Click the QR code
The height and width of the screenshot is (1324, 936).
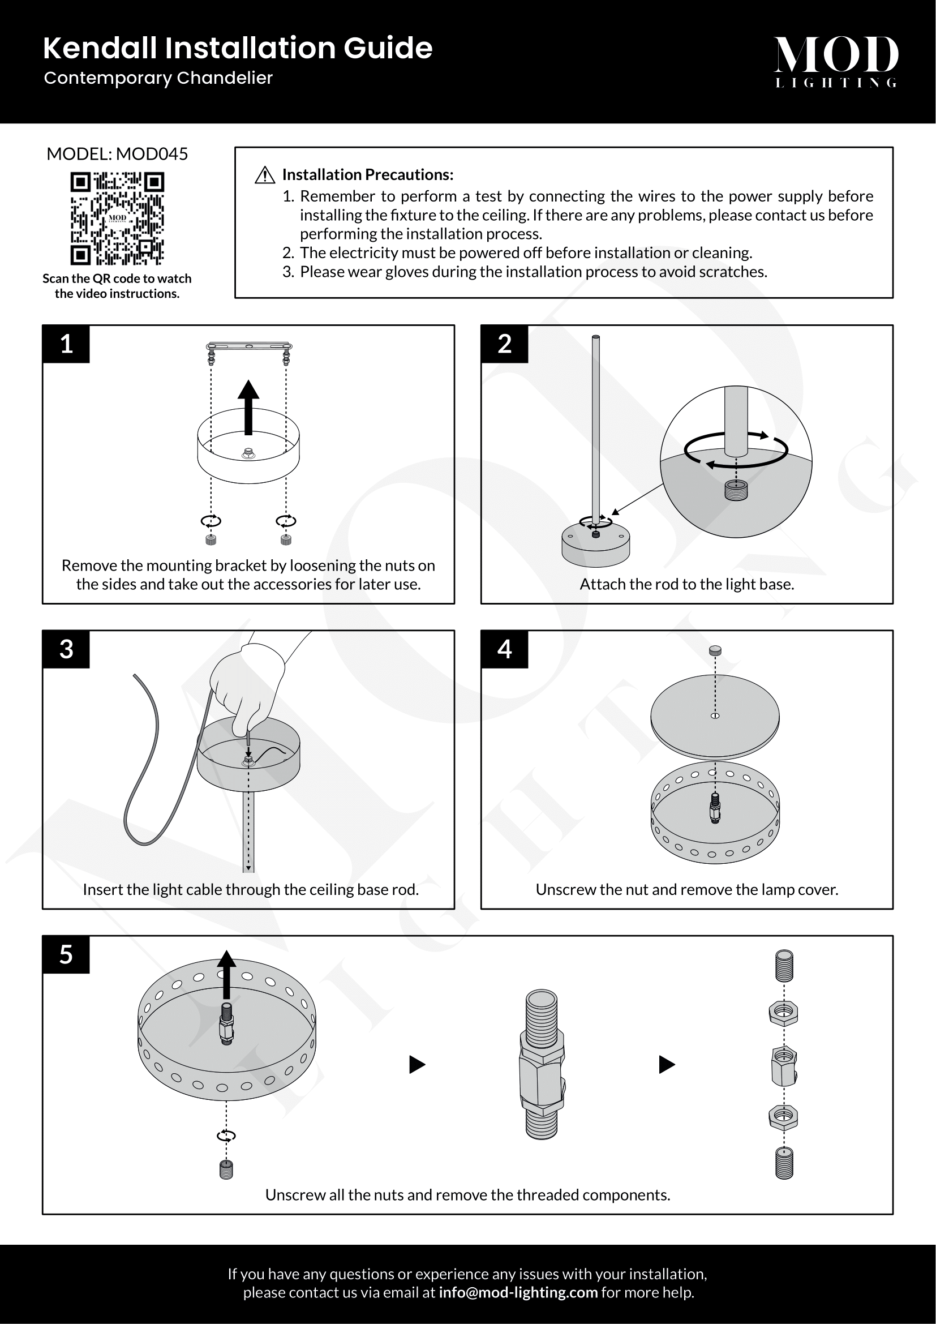click(117, 218)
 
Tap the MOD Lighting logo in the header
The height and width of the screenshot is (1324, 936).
click(836, 61)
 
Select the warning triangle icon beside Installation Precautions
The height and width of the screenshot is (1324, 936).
click(264, 175)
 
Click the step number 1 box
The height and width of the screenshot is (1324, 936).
click(66, 344)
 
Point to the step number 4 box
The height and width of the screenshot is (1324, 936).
click(504, 649)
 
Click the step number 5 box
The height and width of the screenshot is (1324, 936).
click(66, 955)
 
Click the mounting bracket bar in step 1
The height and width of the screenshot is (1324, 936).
click(249, 346)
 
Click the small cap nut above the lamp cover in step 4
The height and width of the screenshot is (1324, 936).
click(715, 650)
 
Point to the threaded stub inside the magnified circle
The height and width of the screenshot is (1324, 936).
click(736, 491)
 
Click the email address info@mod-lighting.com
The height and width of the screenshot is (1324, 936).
click(518, 1292)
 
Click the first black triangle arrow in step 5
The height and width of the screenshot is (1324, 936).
click(417, 1065)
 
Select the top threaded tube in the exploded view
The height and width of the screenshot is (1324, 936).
click(784, 966)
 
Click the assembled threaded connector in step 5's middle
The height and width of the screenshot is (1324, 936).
click(542, 1065)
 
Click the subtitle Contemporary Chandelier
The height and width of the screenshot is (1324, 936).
click(158, 78)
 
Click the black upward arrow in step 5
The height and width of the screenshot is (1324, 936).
click(226, 974)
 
